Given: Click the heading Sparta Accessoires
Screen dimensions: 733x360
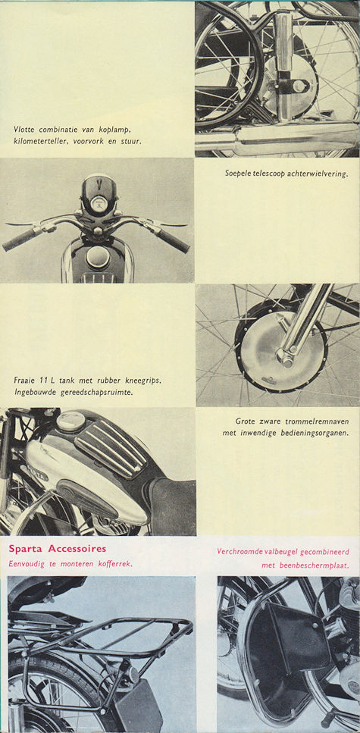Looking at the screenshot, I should coord(58,548).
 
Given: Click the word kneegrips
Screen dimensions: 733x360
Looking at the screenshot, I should coord(142,379).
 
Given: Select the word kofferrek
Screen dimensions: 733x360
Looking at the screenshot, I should coord(111,562).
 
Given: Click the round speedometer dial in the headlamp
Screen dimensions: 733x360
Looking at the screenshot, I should coord(98,204).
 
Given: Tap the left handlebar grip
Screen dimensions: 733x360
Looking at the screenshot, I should coord(20,242).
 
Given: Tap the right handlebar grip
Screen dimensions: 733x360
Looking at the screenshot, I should coord(174,240).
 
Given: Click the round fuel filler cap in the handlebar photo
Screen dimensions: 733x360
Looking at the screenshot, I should coord(97,258).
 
